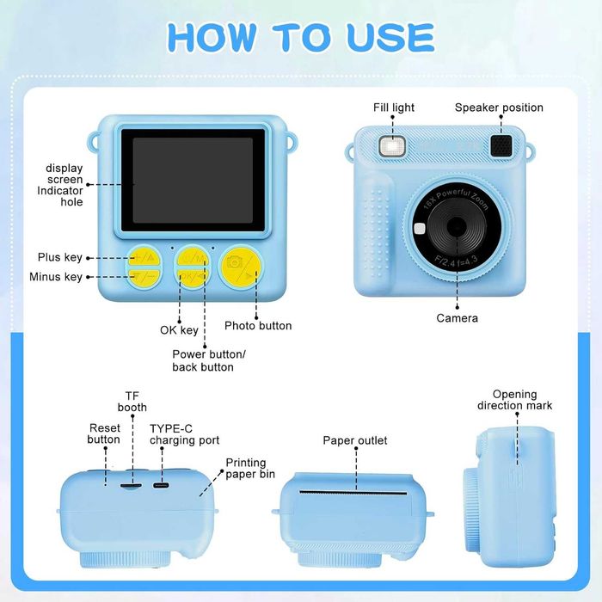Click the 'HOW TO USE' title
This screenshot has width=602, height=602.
pos(301,37)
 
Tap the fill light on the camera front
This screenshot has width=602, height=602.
pos(392,146)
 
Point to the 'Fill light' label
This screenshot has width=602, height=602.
pos(394,107)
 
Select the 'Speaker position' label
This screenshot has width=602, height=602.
pos(499,107)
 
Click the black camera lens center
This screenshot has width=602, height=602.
pos(457,226)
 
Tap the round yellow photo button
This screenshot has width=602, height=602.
pos(241,267)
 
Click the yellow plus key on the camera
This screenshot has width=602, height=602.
pos(144,257)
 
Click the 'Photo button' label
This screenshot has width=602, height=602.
pos(258,326)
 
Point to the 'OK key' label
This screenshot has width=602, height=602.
pos(179,330)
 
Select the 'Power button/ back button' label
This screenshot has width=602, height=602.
pos(208,360)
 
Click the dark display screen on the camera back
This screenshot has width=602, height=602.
pos(193,181)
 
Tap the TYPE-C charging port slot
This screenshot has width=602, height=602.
pos(161,486)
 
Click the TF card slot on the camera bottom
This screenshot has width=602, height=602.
pos(131,486)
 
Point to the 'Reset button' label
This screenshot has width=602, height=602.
pos(104,433)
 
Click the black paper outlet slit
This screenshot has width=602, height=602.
pos(353,493)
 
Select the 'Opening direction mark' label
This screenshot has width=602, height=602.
pos(514,400)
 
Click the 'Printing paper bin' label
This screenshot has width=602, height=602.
pos(250,468)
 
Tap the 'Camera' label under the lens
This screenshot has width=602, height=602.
pos(457,318)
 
